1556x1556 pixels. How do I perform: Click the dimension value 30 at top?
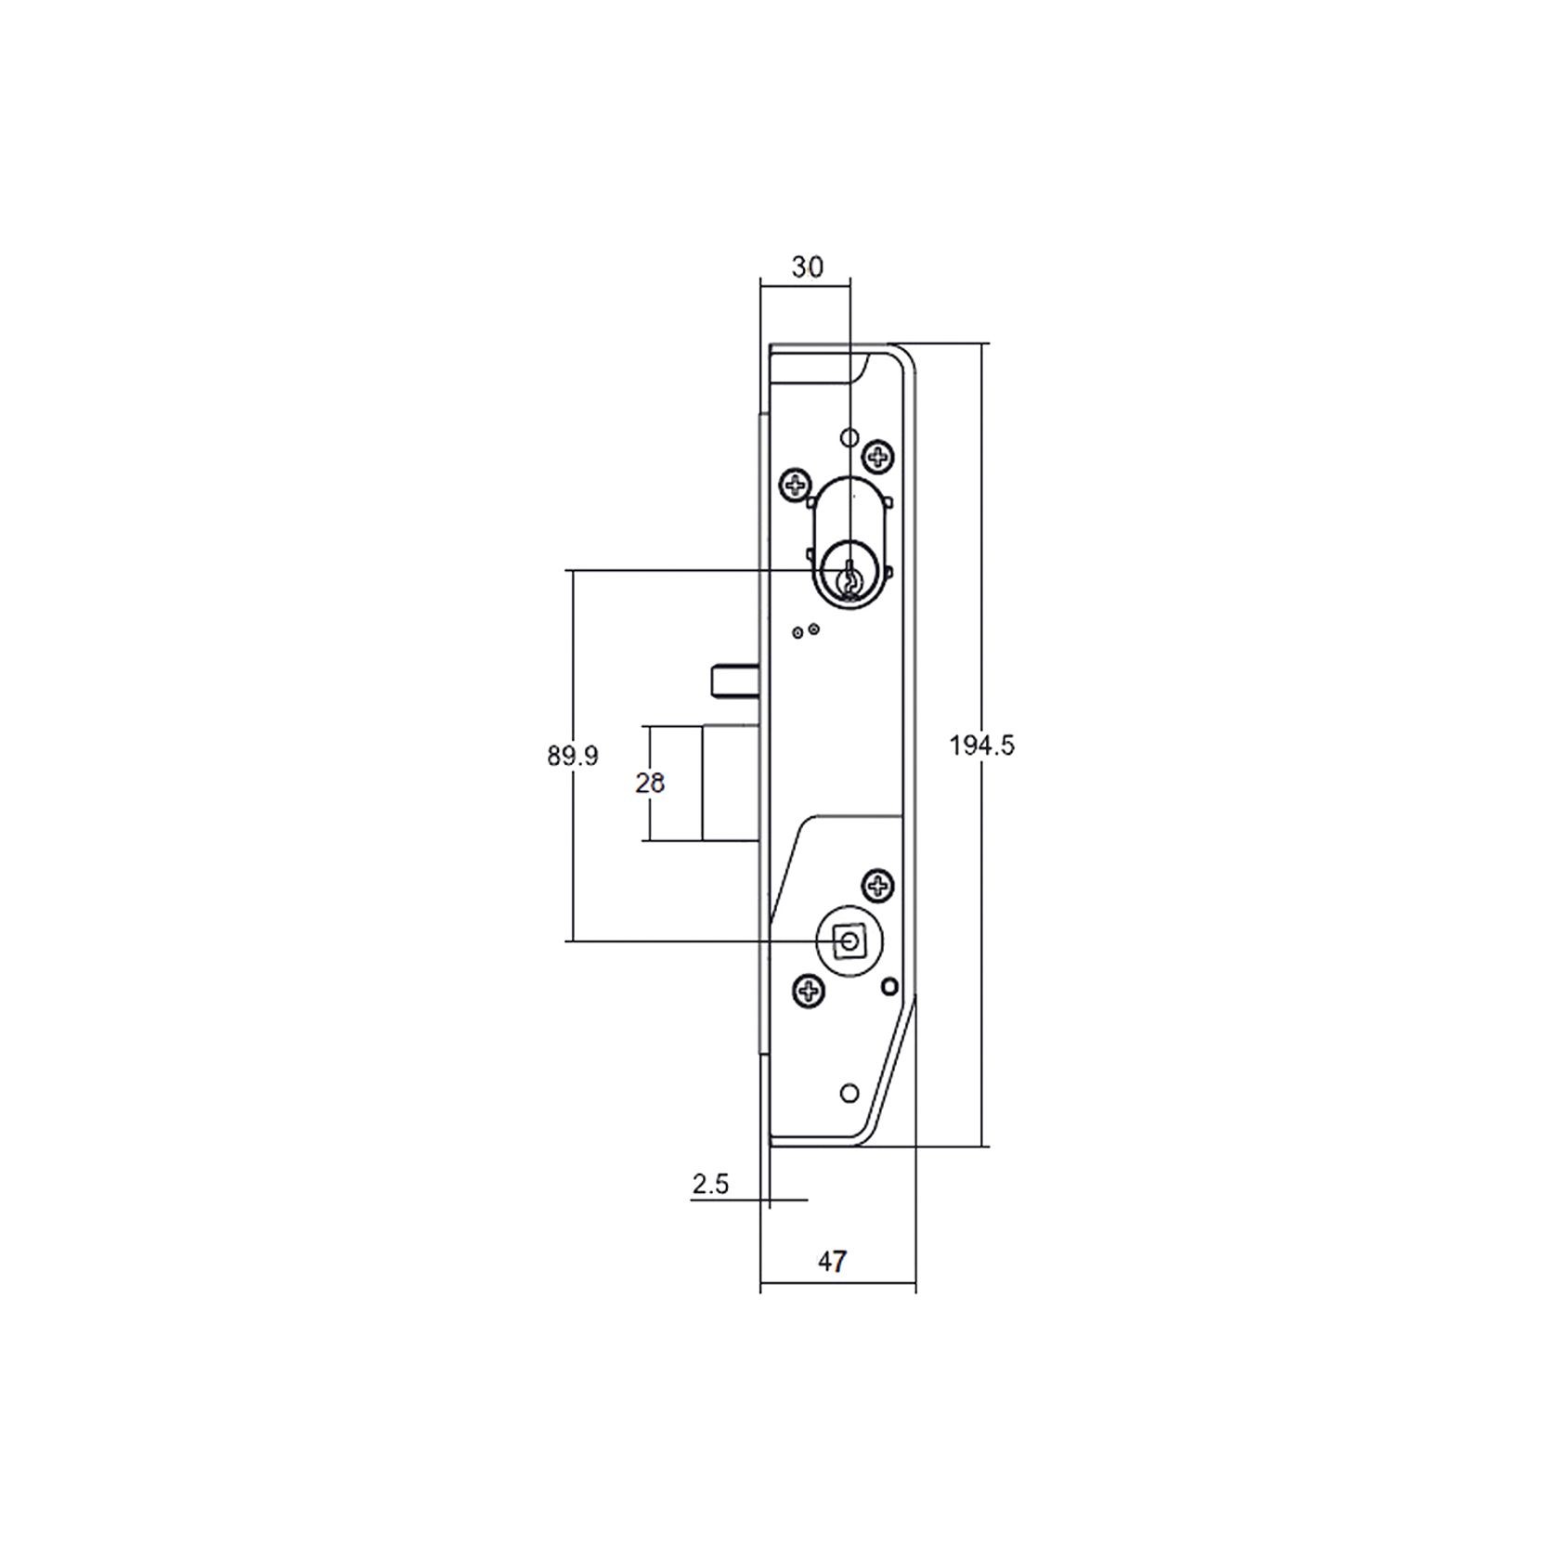coord(807,267)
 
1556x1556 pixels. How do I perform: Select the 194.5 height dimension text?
coord(981,746)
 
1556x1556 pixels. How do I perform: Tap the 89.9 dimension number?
coord(572,757)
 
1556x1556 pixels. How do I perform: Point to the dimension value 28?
coord(650,784)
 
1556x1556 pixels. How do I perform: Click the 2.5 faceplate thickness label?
coord(710,1185)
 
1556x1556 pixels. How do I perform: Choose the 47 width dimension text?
coord(832,1262)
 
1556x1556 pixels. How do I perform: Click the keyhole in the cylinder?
coord(849,577)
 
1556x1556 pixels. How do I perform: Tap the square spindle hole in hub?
coord(849,942)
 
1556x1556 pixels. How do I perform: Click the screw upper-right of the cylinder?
coord(877,456)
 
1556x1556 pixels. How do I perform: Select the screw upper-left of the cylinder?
coord(795,484)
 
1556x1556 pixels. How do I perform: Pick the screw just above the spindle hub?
coord(878,885)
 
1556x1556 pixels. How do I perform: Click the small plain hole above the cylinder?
coord(848,437)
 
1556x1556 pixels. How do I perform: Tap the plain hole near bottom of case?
coord(849,1094)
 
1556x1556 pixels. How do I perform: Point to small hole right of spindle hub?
coord(889,986)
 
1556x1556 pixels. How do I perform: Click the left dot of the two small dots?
coord(797,632)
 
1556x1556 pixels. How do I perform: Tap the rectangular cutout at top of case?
coord(817,364)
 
